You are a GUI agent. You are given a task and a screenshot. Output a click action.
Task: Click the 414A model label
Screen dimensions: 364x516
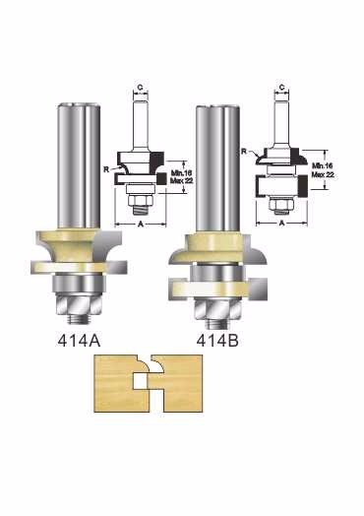[79, 341]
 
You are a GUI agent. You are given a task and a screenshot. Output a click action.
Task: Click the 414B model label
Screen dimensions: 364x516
[217, 341]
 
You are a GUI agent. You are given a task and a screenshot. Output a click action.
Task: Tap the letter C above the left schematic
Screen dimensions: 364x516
[140, 88]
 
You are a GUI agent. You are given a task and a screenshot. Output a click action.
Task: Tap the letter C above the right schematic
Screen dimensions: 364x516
[281, 88]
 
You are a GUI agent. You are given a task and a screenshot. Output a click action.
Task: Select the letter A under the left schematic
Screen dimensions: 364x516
[141, 224]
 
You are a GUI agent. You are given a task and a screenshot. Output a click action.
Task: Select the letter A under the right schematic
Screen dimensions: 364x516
[281, 223]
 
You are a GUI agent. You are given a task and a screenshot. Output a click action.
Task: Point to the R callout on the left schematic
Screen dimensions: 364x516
[106, 169]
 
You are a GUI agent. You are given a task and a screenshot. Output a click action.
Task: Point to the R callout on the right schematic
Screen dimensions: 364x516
[244, 151]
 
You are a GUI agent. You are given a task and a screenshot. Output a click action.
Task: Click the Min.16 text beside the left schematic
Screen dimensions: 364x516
[181, 173]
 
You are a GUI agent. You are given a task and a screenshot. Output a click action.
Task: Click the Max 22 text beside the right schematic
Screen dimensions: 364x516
[323, 174]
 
